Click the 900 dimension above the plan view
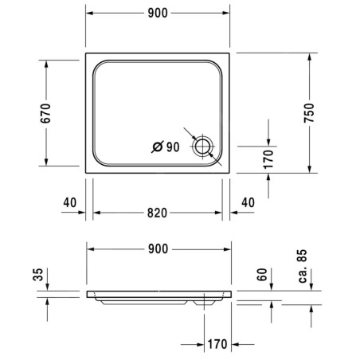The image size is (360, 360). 158,13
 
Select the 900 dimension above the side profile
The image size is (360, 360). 158,249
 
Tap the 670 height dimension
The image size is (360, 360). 45,113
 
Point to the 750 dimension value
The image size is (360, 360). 309,113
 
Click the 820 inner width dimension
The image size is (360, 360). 157,213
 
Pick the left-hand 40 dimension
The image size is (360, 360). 70,202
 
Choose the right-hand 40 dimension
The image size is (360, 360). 248,202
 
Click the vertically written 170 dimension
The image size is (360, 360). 268,159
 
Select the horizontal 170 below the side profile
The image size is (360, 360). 217,344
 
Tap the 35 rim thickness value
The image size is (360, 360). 38,275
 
